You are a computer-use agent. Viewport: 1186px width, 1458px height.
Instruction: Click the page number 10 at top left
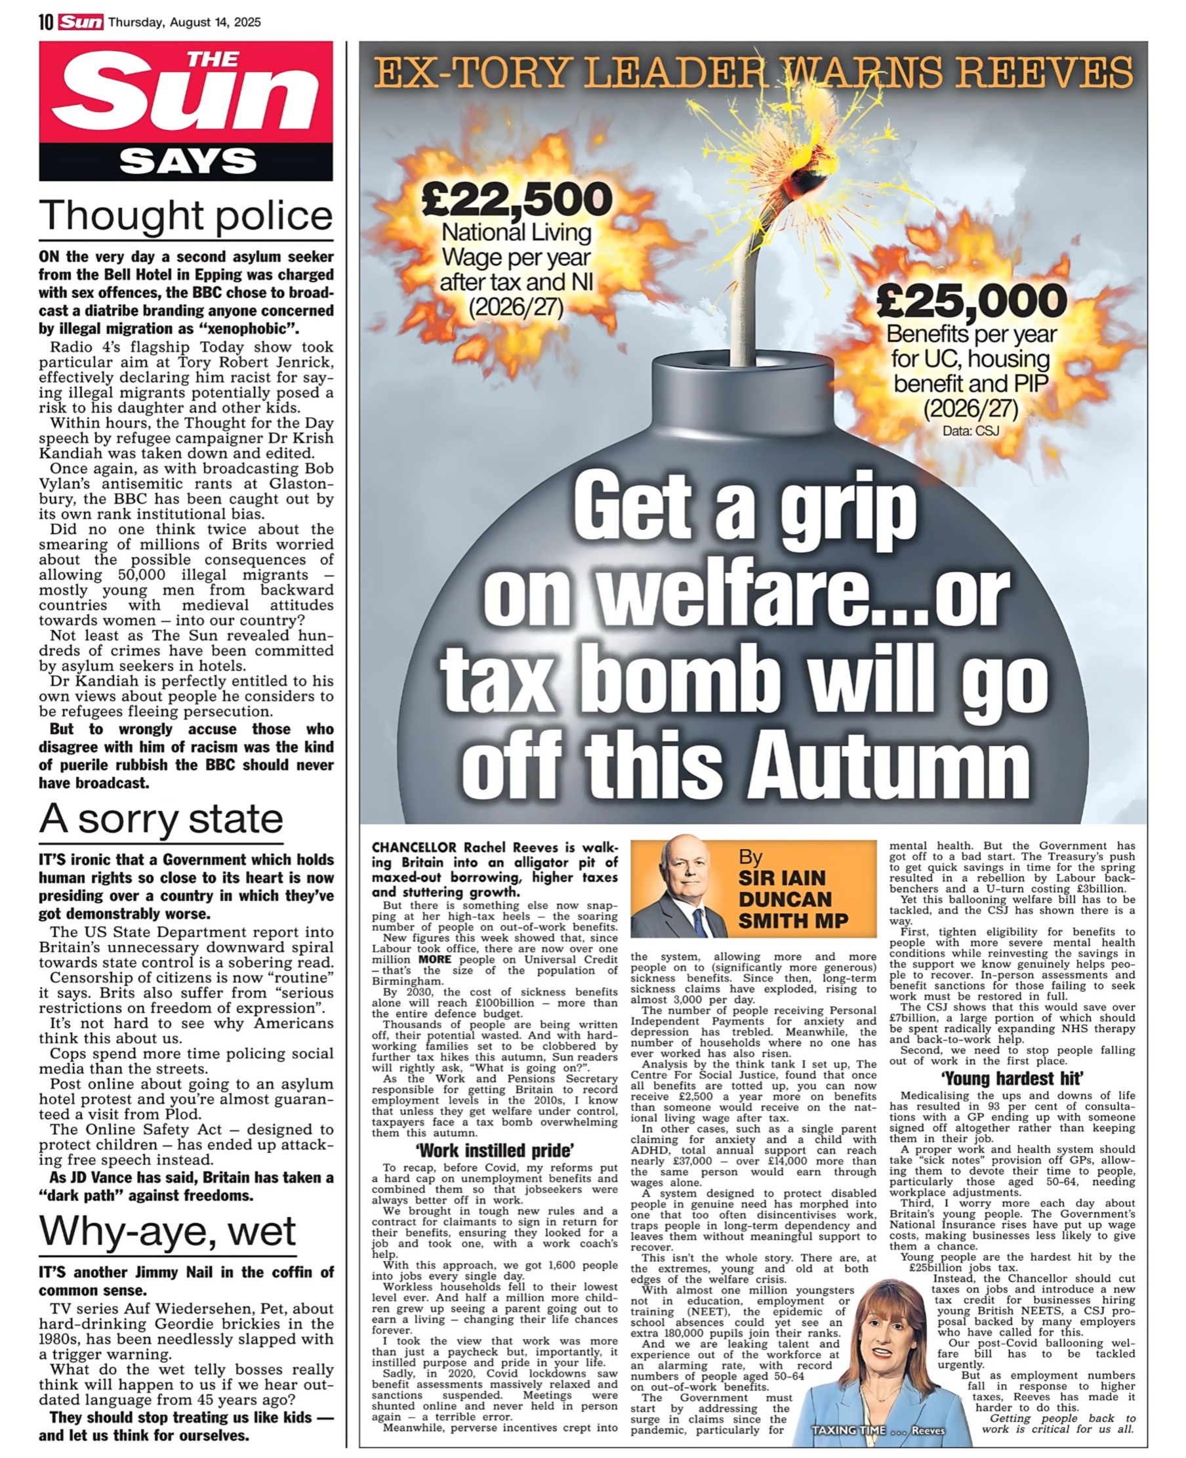(x=46, y=22)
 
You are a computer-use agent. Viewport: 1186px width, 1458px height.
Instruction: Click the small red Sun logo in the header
(x=81, y=22)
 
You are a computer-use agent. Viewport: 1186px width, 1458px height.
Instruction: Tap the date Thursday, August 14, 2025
(x=184, y=22)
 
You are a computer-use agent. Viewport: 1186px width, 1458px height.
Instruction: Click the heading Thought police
(x=186, y=215)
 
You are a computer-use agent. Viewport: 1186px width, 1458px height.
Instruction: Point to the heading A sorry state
(x=161, y=818)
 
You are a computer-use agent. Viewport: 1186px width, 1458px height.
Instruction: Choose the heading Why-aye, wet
(x=167, y=1231)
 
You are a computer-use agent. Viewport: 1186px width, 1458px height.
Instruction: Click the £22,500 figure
(x=516, y=198)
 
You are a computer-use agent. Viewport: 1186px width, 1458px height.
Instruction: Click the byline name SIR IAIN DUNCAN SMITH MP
(x=792, y=899)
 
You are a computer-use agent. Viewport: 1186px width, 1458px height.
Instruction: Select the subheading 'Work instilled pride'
(x=495, y=1150)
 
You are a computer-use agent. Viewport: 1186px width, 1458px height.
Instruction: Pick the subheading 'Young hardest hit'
(x=1012, y=1079)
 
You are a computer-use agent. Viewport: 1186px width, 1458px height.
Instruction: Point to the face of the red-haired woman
(x=883, y=1326)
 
